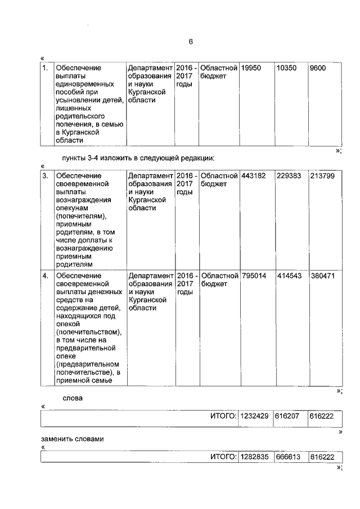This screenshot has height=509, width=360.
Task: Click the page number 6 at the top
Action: [x=190, y=43]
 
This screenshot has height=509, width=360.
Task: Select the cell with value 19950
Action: [x=251, y=68]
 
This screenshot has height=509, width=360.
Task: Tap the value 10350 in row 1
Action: [x=287, y=68]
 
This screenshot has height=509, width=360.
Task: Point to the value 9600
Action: [x=318, y=68]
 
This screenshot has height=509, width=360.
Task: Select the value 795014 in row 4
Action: [x=253, y=276]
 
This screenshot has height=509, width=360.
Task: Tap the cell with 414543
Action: [x=289, y=276]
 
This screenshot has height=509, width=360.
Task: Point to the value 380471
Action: [x=322, y=276]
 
